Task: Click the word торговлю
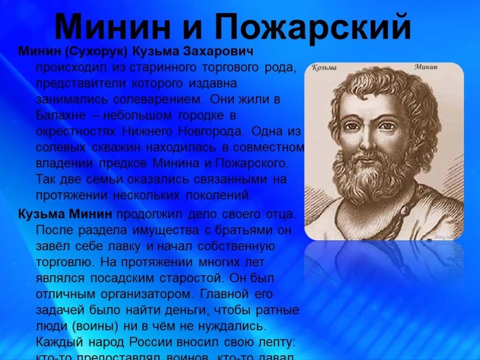(x=65, y=262)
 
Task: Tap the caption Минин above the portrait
(x=426, y=67)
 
